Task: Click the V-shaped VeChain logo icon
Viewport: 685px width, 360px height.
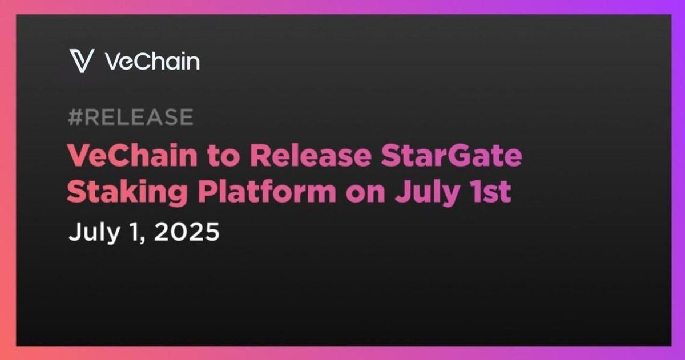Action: (82, 61)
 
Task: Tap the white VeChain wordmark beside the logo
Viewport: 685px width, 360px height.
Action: (152, 61)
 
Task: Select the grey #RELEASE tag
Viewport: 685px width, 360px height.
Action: (131, 117)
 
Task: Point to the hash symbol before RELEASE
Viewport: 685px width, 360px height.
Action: (75, 117)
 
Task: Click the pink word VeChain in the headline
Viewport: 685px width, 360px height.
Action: (132, 155)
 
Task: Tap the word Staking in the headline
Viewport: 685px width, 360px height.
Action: (127, 192)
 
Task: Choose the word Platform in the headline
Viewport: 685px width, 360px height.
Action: (267, 191)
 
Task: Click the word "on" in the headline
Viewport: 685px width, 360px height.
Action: (365, 194)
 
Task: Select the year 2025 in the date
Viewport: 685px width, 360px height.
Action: (187, 232)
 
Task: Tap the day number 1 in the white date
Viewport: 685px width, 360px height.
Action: (134, 232)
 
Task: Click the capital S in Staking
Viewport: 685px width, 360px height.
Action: (78, 191)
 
